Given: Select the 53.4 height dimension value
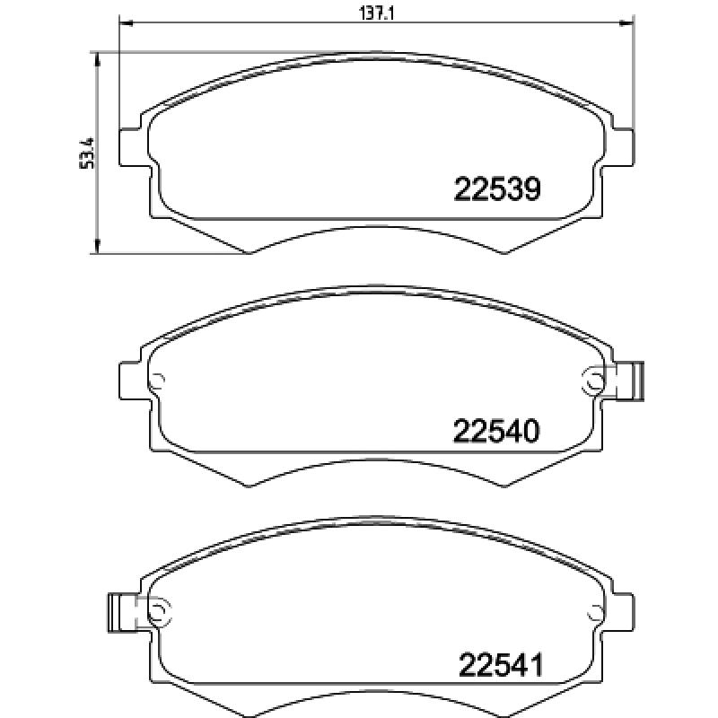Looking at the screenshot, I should pos(87,153).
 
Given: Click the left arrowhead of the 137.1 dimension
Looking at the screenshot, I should pos(125,22).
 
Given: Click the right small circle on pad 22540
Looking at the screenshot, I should pos(592,380).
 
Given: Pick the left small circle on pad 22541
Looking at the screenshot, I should pos(158,613).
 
